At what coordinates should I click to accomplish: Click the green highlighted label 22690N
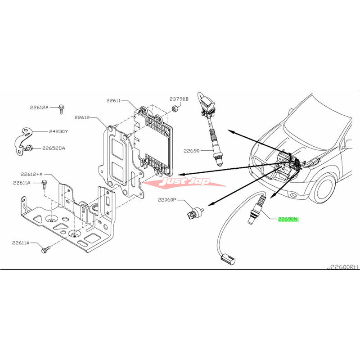(288, 220)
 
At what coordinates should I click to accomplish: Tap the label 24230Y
(58, 132)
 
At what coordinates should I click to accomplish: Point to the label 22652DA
(54, 148)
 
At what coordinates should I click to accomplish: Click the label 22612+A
(31, 174)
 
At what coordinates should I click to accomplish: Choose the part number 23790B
(179, 99)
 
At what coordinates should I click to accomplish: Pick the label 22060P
(167, 199)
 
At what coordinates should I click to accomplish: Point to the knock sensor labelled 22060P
(194, 214)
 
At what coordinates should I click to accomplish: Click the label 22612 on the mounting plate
(83, 118)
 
